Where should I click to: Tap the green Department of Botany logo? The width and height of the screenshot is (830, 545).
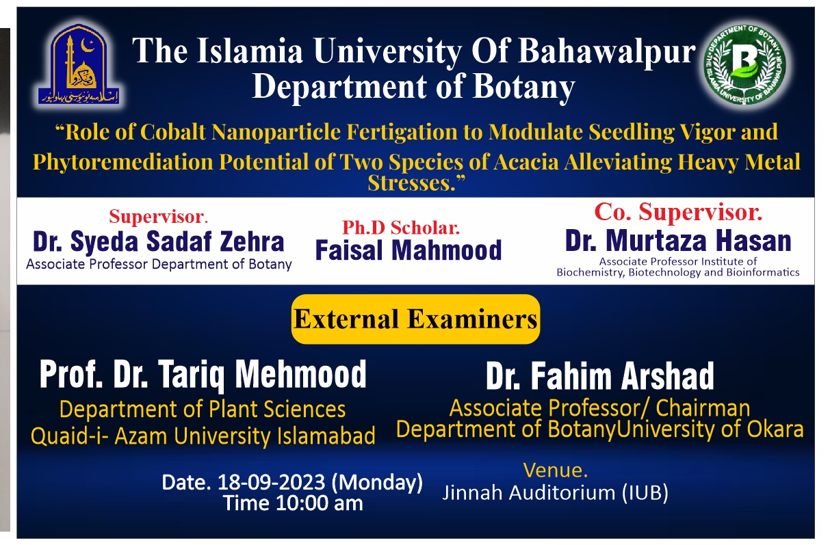tap(744, 63)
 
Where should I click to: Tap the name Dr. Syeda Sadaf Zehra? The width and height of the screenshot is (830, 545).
tap(158, 242)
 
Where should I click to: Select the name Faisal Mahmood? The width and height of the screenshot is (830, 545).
tap(408, 250)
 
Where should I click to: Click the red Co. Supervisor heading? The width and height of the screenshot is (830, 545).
tap(678, 212)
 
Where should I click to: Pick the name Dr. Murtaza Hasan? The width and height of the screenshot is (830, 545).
tap(678, 241)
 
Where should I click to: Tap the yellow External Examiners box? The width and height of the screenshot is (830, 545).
tap(415, 319)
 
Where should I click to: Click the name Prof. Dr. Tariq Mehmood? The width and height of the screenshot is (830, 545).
tap(203, 375)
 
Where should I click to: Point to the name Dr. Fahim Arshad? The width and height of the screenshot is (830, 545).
tap(599, 376)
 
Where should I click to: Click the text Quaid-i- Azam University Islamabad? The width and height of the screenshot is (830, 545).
tap(203, 436)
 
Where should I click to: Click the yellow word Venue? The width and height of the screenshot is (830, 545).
tap(555, 470)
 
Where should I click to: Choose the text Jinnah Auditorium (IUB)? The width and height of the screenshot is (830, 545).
tap(555, 493)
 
